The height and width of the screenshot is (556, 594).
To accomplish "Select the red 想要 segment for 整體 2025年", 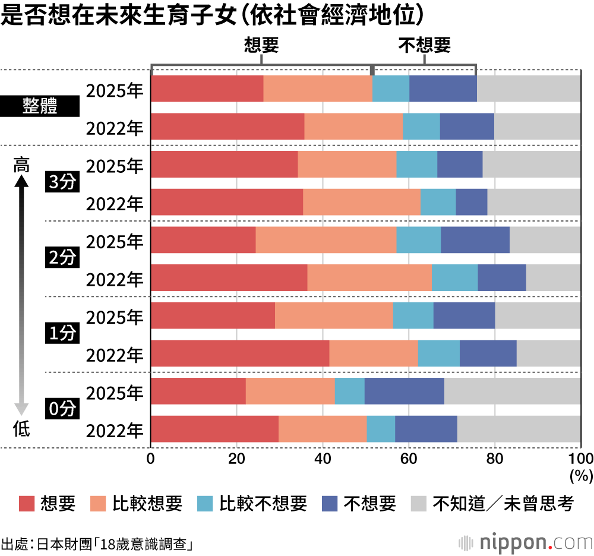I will (207, 89).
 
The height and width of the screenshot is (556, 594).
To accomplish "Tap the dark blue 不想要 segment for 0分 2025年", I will (404, 391).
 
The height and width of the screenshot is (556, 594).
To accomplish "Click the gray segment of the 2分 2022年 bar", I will (553, 278).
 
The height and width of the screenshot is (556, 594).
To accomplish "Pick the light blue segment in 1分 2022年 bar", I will (438, 353).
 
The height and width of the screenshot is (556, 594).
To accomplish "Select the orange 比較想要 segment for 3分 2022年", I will (361, 203).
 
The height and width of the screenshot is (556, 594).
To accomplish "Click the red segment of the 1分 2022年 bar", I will (240, 353).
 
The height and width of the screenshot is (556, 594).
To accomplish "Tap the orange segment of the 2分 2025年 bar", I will (326, 240).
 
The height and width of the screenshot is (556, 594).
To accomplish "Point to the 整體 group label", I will (40, 108).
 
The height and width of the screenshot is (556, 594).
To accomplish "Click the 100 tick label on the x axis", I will (580, 459).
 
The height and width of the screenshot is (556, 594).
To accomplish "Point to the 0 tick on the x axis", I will (151, 459).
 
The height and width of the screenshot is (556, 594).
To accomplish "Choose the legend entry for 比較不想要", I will (252, 504).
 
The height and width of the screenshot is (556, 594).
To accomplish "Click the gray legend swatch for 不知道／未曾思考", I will (419, 504).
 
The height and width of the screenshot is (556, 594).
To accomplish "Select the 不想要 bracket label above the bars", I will (424, 46).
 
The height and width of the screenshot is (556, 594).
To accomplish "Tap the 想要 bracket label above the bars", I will (261, 46).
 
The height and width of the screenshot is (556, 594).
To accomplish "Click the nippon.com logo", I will (526, 542).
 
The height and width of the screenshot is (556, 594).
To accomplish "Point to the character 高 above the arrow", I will (21, 166).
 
